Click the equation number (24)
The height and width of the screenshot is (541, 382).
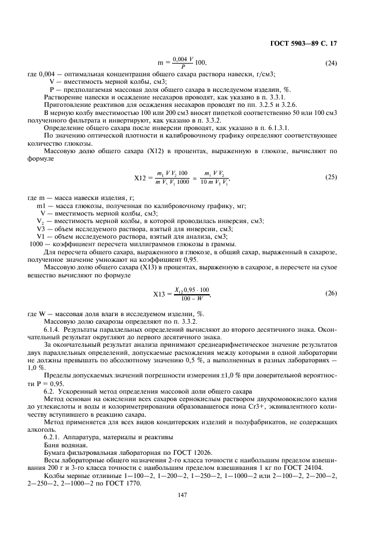[x=331, y=62]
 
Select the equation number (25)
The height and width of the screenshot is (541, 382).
[x=331, y=176]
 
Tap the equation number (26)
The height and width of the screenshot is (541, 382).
[x=331, y=294]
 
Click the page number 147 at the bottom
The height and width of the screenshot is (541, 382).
[x=191, y=495]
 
